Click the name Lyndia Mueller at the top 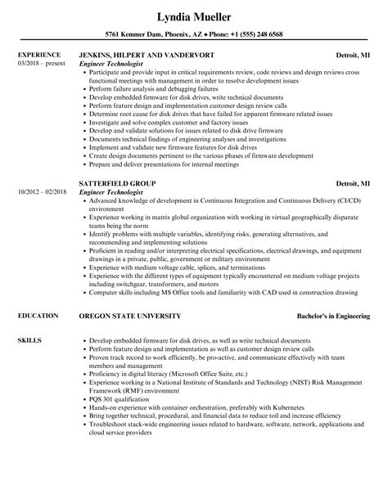click(194, 16)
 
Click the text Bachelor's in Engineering click(332, 315)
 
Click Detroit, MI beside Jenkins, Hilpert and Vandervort click(353, 55)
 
